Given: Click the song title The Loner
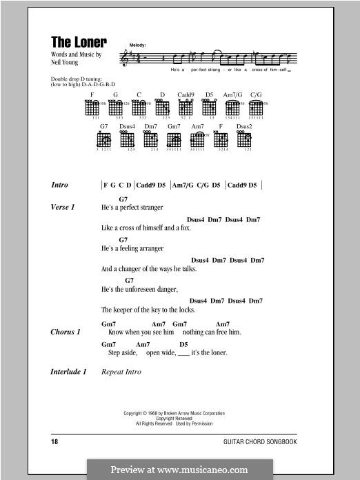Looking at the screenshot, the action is coord(79,41).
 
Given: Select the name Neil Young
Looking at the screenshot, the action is coord(66,61).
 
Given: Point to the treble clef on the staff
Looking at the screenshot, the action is coord(125,58).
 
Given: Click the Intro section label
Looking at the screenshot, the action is coord(60,186).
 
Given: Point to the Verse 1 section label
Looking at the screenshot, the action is coord(63,207).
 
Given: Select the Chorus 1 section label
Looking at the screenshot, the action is coord(66,332).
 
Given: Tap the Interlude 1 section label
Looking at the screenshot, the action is coord(69,372).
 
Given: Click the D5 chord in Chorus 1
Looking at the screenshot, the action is coord(183,343).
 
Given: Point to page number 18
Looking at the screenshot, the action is coord(55,439).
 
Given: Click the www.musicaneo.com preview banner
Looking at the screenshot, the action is coord(179,469).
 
